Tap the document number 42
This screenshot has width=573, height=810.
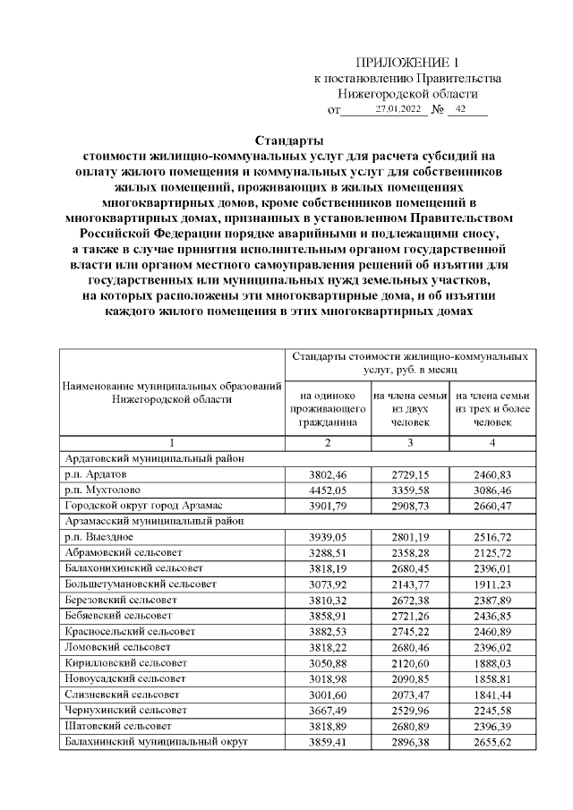coord(461,109)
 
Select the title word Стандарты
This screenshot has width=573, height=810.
coord(288,140)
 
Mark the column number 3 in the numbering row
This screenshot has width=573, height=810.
coord(410,441)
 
